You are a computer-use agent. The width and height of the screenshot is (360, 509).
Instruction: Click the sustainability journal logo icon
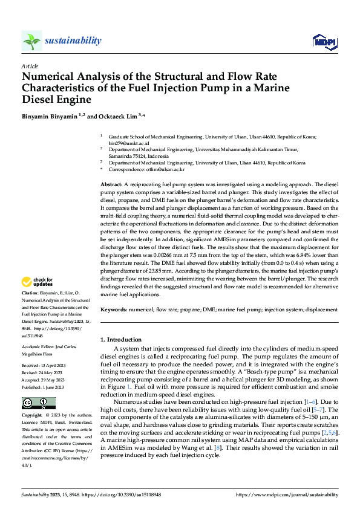pos(31,41)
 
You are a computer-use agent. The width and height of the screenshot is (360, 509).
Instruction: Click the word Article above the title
pos(29,65)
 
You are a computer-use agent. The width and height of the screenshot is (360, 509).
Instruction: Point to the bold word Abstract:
pos(111,183)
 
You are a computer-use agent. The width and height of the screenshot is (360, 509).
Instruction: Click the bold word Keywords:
pos(114,309)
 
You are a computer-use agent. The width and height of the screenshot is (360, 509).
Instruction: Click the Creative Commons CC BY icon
pos(38,403)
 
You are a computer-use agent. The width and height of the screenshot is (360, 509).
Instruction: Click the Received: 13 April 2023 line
pos(44,366)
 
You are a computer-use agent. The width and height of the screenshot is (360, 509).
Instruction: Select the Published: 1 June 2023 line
pos(44,386)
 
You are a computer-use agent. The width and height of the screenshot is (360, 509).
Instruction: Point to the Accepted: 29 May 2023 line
pos(44,379)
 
